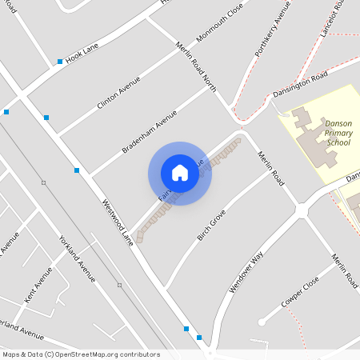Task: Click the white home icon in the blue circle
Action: click(180, 173)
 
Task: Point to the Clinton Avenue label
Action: click(118, 93)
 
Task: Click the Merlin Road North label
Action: click(195, 68)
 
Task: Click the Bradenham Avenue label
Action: click(149, 132)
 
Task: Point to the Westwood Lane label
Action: click(116, 218)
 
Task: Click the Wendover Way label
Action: click(246, 272)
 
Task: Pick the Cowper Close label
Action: click(300, 293)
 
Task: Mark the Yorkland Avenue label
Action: click(78, 258)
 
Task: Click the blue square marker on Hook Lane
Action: click(60, 61)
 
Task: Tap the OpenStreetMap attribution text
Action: click(81, 354)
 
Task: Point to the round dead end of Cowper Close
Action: click(262, 322)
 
